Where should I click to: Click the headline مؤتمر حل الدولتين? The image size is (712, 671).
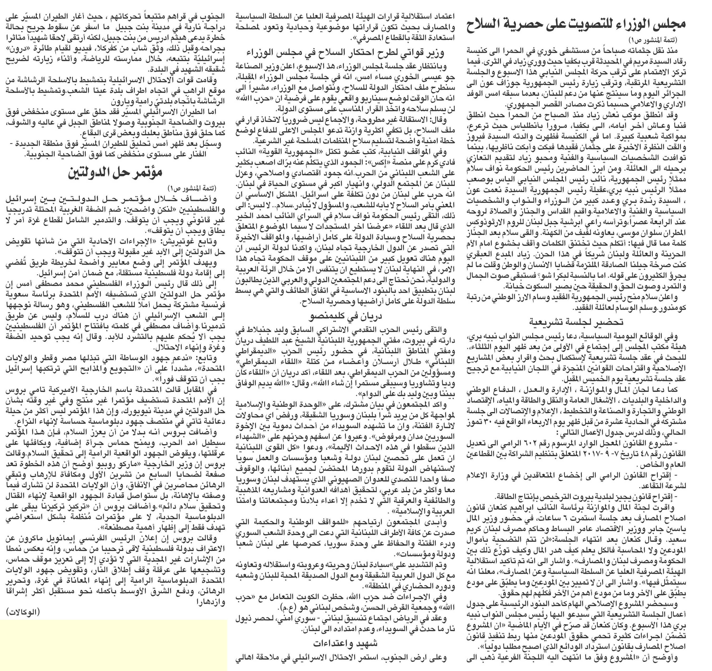115,172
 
